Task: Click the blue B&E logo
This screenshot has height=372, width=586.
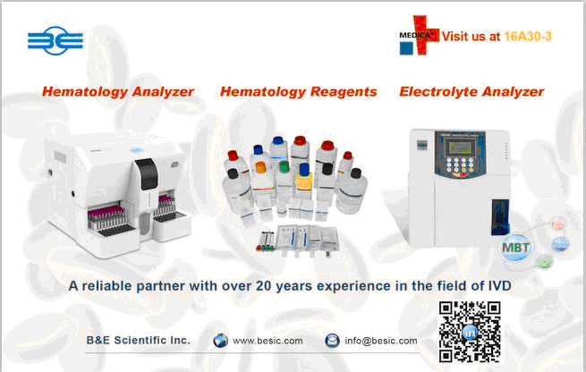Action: [x=55, y=40]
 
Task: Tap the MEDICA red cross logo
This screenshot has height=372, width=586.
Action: [x=419, y=36]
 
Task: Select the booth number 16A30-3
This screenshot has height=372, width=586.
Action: [x=528, y=37]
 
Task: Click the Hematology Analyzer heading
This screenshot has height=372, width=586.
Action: [x=118, y=92]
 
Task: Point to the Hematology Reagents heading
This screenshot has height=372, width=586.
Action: [x=298, y=92]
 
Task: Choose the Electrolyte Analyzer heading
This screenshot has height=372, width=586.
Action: [x=471, y=92]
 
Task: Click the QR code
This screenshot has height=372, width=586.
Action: [x=470, y=332]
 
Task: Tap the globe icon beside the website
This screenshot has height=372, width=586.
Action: [x=220, y=341]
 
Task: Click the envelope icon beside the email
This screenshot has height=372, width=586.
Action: [x=332, y=341]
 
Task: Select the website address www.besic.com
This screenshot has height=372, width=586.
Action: [x=268, y=341]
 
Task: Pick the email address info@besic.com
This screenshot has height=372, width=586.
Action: [x=381, y=341]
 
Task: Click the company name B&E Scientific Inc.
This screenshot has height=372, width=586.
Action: [x=139, y=340]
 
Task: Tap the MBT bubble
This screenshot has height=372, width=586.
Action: [x=516, y=247]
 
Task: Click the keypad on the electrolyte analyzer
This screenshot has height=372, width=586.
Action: [x=460, y=165]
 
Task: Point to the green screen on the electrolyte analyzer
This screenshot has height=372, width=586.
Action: [x=462, y=147]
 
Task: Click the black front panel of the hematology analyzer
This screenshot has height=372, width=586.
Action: [x=147, y=173]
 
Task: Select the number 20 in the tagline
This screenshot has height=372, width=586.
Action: [x=263, y=286]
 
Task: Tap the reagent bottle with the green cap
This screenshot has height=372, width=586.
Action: [x=284, y=181]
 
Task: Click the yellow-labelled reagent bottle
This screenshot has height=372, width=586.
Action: [x=304, y=182]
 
